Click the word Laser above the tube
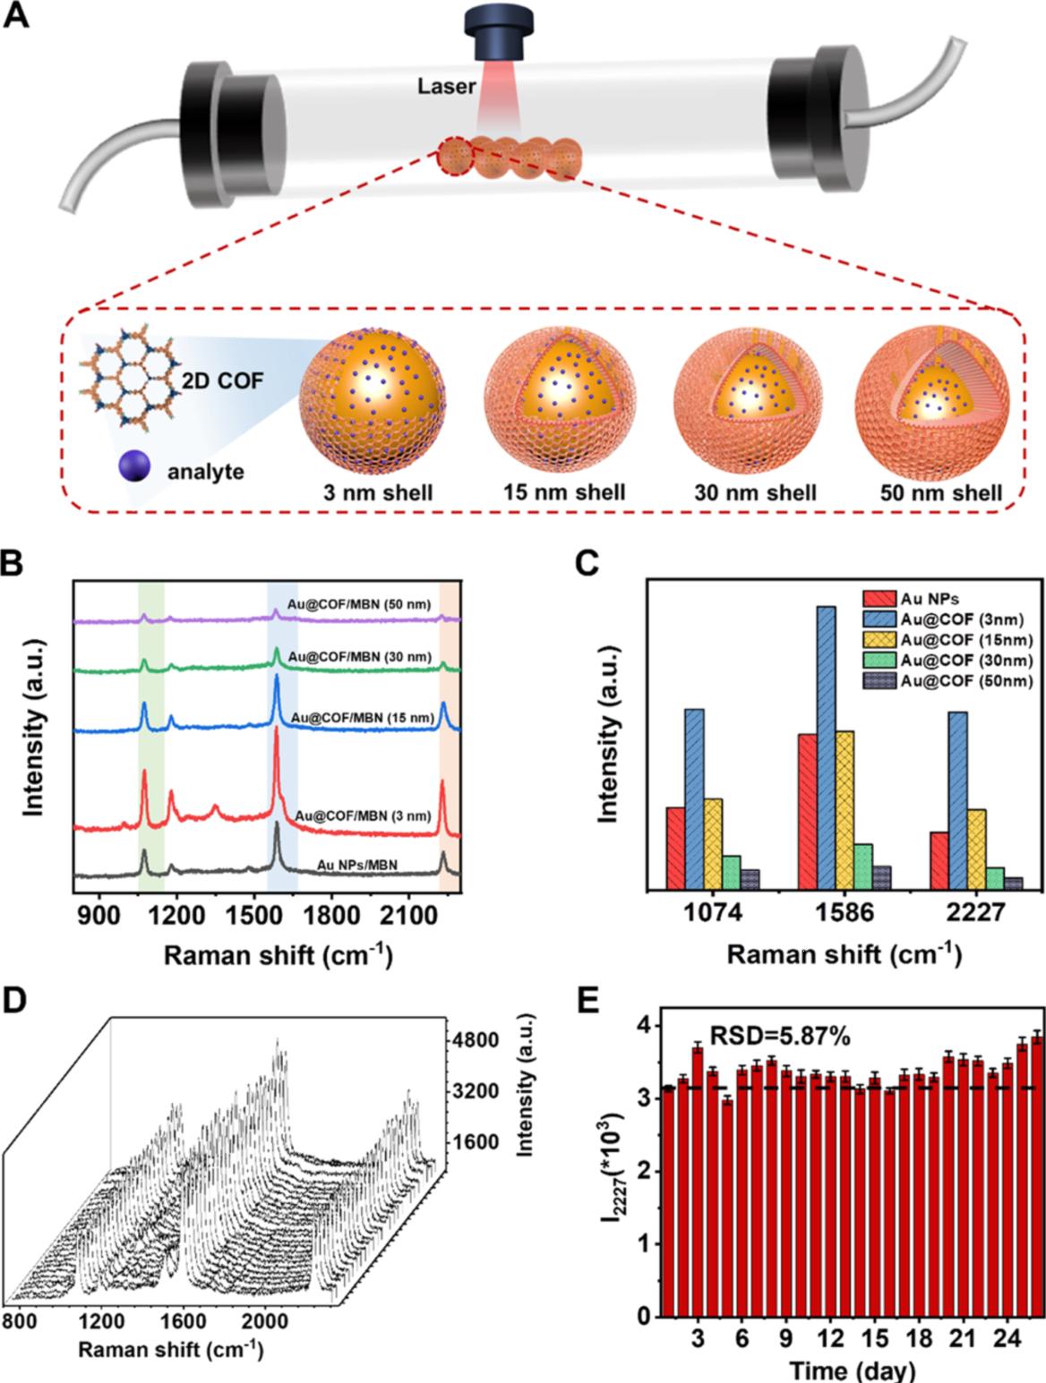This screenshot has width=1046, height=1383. click(x=446, y=87)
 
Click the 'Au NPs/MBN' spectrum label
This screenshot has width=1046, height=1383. click(x=357, y=865)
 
